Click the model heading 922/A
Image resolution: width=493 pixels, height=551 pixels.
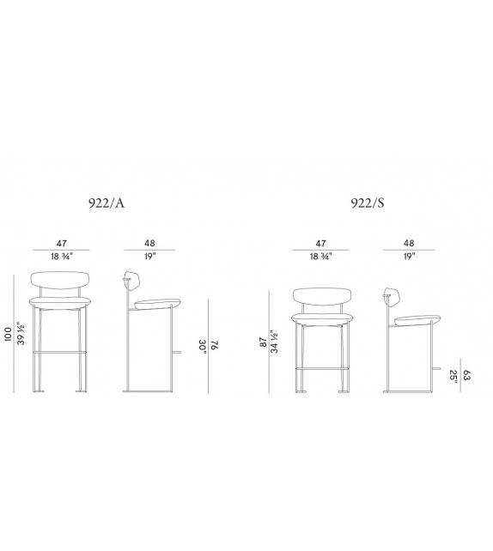tap(107, 203)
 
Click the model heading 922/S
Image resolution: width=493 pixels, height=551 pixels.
tap(368, 203)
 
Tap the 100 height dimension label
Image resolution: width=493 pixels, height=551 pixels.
tap(8, 334)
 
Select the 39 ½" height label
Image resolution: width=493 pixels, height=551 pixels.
tap(21, 333)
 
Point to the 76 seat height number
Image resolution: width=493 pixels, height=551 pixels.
tap(215, 345)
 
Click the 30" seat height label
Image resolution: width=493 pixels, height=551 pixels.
tap(202, 346)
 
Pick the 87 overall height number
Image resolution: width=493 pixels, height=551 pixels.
tap(263, 342)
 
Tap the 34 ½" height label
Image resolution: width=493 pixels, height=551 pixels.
tap(274, 342)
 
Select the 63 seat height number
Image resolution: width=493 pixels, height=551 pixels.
tap(466, 375)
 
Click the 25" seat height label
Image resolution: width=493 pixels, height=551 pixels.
tap(454, 376)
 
